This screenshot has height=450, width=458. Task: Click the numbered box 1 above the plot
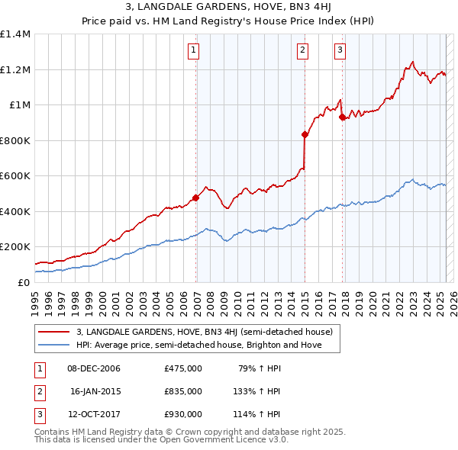tap(194, 51)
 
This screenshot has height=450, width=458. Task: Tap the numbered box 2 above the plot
tap(302, 51)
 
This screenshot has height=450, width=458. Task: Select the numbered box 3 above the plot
tap(340, 51)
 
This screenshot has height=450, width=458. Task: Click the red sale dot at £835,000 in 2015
tap(305, 134)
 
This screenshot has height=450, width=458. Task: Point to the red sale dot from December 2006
tap(195, 198)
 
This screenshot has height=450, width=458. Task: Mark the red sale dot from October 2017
tap(342, 117)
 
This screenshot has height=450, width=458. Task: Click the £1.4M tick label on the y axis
tap(15, 34)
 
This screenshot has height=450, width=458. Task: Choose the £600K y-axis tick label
tap(15, 176)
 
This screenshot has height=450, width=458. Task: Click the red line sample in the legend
tap(53, 333)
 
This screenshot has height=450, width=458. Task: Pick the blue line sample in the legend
tap(53, 345)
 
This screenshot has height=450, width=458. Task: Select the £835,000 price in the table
tap(183, 391)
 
